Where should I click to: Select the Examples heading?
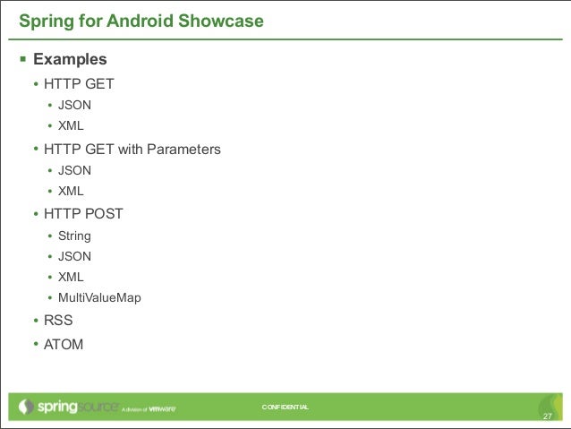pyautogui.click(x=70, y=60)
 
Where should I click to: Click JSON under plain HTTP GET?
pyautogui.click(x=74, y=105)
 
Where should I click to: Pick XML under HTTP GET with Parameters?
pyautogui.click(x=71, y=191)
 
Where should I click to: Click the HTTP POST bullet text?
pyautogui.click(x=83, y=214)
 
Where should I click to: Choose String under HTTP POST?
pyautogui.click(x=74, y=236)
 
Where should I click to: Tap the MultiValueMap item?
pyautogui.click(x=99, y=297)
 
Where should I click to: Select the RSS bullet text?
pyautogui.click(x=58, y=320)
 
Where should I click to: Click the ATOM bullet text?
pyautogui.click(x=64, y=343)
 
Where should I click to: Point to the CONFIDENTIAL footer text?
pyautogui.click(x=285, y=408)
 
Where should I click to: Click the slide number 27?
pyautogui.click(x=548, y=416)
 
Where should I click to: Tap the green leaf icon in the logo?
pyautogui.click(x=28, y=408)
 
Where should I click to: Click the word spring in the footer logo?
pyautogui.click(x=60, y=408)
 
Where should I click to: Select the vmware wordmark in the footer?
pyautogui.click(x=161, y=409)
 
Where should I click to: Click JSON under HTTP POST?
pyautogui.click(x=74, y=256)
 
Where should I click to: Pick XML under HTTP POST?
pyautogui.click(x=71, y=277)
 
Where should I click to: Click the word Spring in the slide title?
pyautogui.click(x=41, y=20)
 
